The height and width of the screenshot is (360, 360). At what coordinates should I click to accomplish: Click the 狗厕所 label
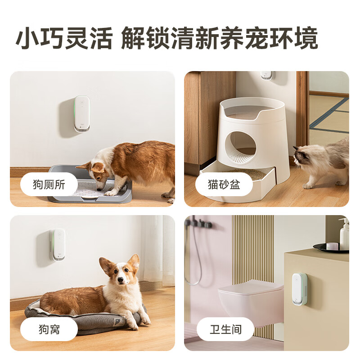pos(49,184)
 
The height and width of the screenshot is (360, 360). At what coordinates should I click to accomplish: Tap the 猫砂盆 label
pos(224,184)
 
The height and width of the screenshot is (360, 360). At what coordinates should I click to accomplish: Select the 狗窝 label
pos(49,329)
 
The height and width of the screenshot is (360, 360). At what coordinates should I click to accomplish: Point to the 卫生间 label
pos(225,329)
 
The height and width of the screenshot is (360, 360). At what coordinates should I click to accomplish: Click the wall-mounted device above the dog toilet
pos(82,113)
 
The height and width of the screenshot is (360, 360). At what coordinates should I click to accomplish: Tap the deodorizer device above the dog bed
pos(58,244)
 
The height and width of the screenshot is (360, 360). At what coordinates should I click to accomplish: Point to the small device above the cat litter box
pos(266,75)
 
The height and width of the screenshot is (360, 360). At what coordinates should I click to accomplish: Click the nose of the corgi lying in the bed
pos(120,280)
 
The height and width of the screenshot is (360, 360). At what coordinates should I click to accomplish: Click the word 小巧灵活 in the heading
pos(64,38)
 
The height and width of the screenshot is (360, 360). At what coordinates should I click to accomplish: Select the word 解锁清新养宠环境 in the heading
pos(220,38)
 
